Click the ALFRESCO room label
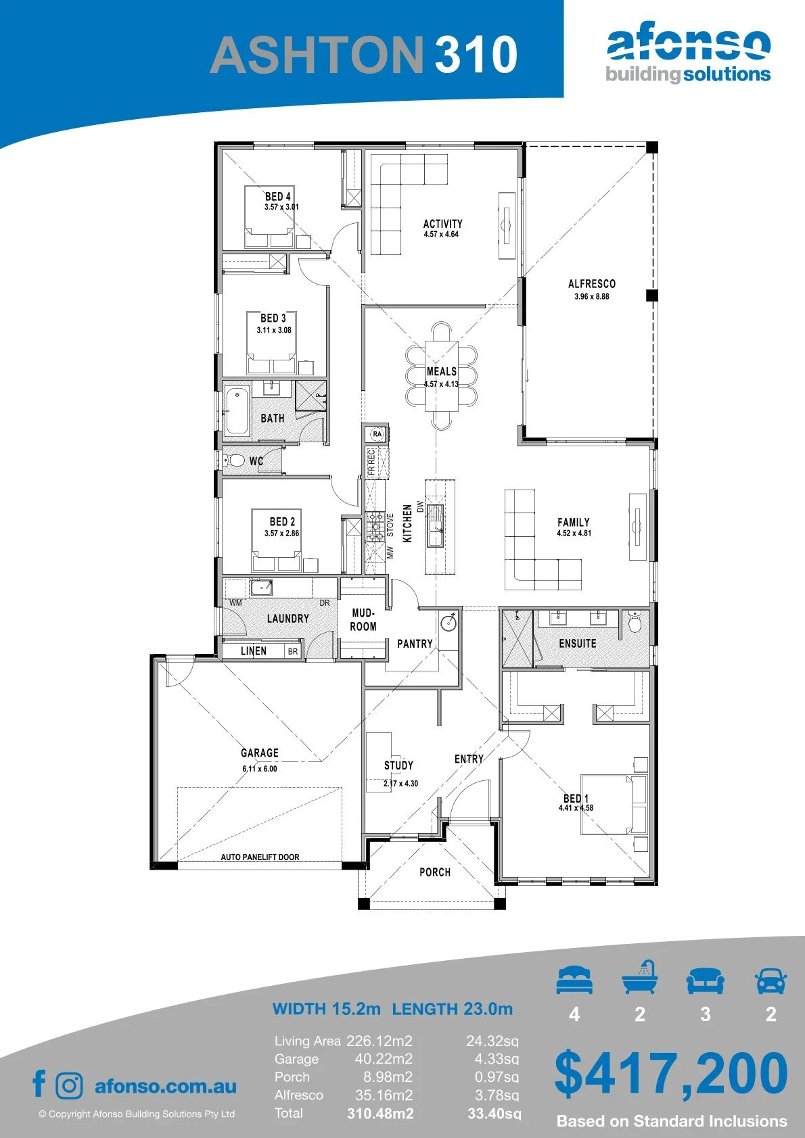pos(591,283)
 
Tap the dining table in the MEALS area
pos(441,375)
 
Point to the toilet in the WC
pos(235,460)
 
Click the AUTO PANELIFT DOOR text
pos(260,857)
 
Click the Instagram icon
pos(69,1085)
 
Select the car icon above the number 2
pos(771,980)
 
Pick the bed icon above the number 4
pos(574,980)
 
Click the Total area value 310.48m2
pos(380,1114)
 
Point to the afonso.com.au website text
pos(166,1086)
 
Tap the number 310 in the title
pos(476,54)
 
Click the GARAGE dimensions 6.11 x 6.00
pos(260,769)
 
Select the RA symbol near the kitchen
pos(377,434)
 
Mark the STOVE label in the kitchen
pos(390,525)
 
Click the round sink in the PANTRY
pos(448,622)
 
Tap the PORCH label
pos(435,872)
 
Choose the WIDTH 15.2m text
pos(326,1009)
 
